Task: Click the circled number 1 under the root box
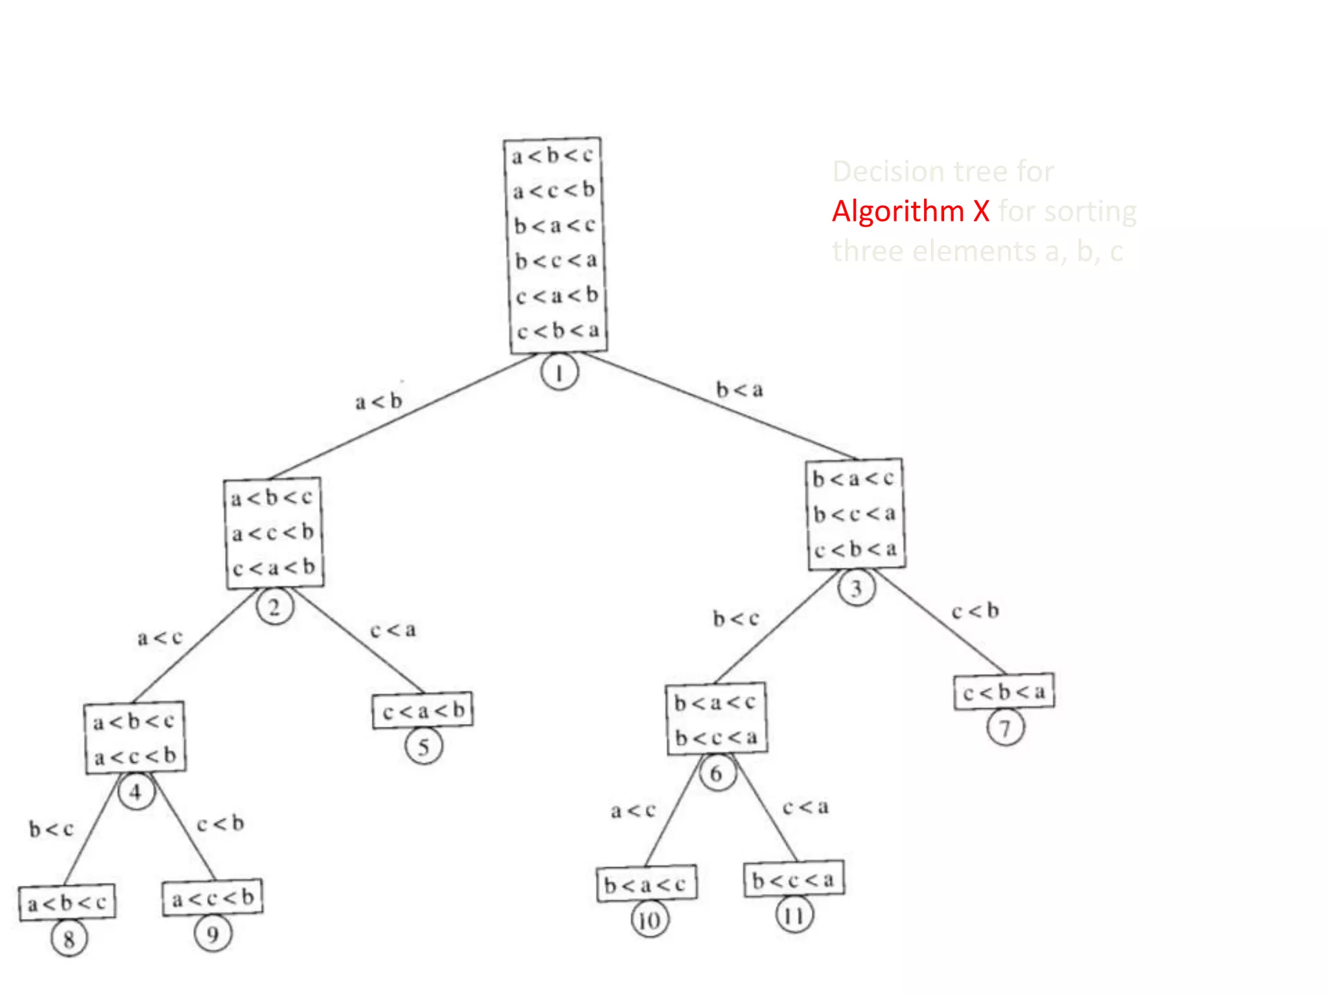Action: (x=559, y=372)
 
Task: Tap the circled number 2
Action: (x=275, y=607)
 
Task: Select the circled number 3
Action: (x=857, y=588)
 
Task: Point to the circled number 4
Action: (x=136, y=792)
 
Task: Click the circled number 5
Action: (x=424, y=747)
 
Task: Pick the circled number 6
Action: (x=717, y=773)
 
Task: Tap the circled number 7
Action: (x=1005, y=727)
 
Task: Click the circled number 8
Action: (x=69, y=938)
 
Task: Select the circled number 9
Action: (x=213, y=933)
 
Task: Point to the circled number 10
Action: (x=650, y=919)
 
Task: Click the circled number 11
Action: (x=794, y=915)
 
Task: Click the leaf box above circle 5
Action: (x=423, y=711)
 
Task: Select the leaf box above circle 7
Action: (x=1004, y=692)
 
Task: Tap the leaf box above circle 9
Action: (x=213, y=898)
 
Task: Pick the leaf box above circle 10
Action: (x=646, y=884)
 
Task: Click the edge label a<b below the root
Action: (x=379, y=401)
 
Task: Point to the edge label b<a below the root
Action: (x=740, y=389)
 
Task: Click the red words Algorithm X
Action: (x=910, y=211)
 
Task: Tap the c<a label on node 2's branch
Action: (x=393, y=630)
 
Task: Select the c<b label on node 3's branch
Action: (x=975, y=611)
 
